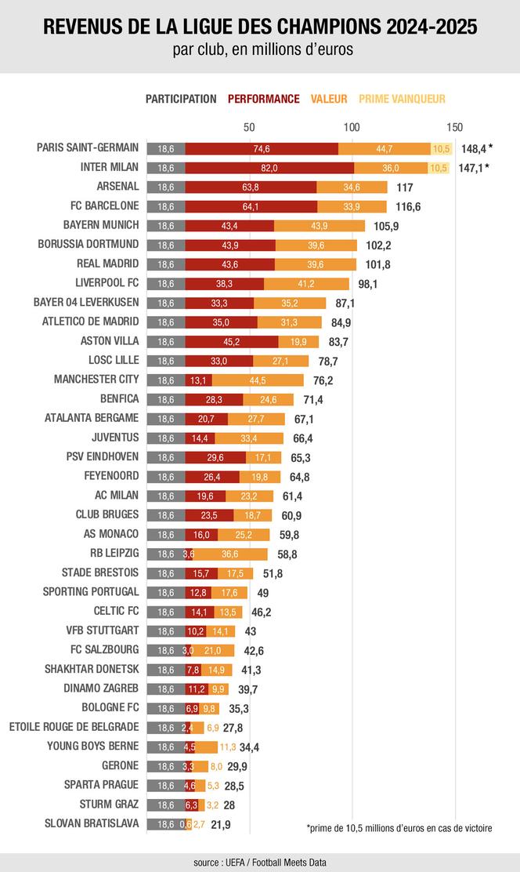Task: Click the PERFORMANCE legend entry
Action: [x=264, y=99]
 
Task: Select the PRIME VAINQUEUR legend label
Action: [x=402, y=99]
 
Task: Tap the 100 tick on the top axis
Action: [x=352, y=127]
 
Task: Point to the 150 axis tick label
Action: [x=454, y=127]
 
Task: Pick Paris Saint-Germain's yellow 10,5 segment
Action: [x=441, y=148]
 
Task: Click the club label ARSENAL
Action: [x=117, y=187]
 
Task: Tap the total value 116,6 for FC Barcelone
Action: [x=406, y=206]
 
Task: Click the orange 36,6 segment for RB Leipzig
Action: [x=230, y=554]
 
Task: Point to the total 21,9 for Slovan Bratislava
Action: [x=221, y=823]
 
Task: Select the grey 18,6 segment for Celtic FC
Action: [x=166, y=611]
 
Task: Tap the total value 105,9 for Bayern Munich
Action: [x=386, y=226]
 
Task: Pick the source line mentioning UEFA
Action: [x=260, y=862]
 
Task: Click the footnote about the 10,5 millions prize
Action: [x=399, y=828]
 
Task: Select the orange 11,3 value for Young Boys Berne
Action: [x=227, y=746]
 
